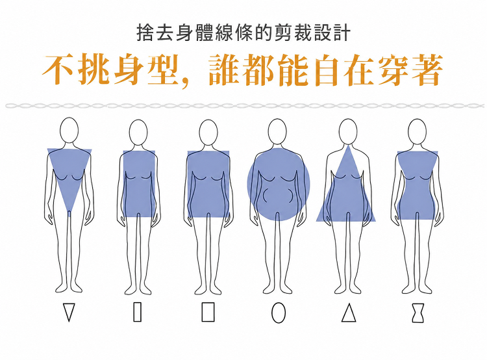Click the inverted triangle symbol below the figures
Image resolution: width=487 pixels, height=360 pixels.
coord(69,313)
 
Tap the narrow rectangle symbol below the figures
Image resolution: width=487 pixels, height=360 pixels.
coord(137,312)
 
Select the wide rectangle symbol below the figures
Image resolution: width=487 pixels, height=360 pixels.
coord(208,312)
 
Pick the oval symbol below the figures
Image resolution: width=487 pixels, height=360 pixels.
coord(279,313)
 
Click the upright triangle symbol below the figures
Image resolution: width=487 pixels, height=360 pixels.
coord(349,313)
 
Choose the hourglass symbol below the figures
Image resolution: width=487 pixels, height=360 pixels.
coord(418,313)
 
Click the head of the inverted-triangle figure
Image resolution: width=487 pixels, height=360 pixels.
coord(69,130)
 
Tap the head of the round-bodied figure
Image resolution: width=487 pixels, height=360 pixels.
coord(277,132)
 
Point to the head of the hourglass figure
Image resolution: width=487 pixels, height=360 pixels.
coord(417,132)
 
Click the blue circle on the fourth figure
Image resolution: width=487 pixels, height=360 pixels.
coord(279,184)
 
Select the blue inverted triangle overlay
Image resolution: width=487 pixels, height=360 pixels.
coord(69,174)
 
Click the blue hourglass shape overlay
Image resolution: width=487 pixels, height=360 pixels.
coord(418,185)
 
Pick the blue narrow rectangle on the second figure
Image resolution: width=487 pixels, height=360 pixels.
coord(139,184)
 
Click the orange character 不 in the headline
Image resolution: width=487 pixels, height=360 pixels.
coord(58,70)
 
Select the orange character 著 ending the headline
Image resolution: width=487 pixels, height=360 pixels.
coord(427,70)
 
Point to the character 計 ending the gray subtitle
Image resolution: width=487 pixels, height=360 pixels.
coord(342,32)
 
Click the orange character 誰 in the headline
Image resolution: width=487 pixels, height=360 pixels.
coord(225,70)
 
